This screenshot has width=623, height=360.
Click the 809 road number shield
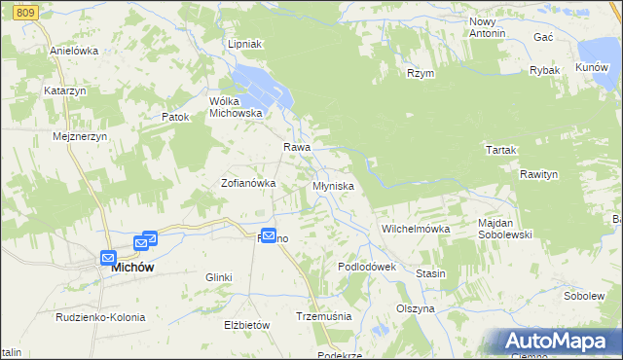pos(27,11)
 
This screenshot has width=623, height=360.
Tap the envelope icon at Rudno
pos(269,235)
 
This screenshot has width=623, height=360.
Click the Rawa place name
pos(297,147)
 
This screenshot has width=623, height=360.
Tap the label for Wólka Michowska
pos(237,107)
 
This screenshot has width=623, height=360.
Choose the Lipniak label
pos(245,45)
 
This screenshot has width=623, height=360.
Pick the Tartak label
pos(500,150)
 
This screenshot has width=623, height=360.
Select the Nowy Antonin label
pos(487,27)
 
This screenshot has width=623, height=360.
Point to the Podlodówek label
pos(367,267)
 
